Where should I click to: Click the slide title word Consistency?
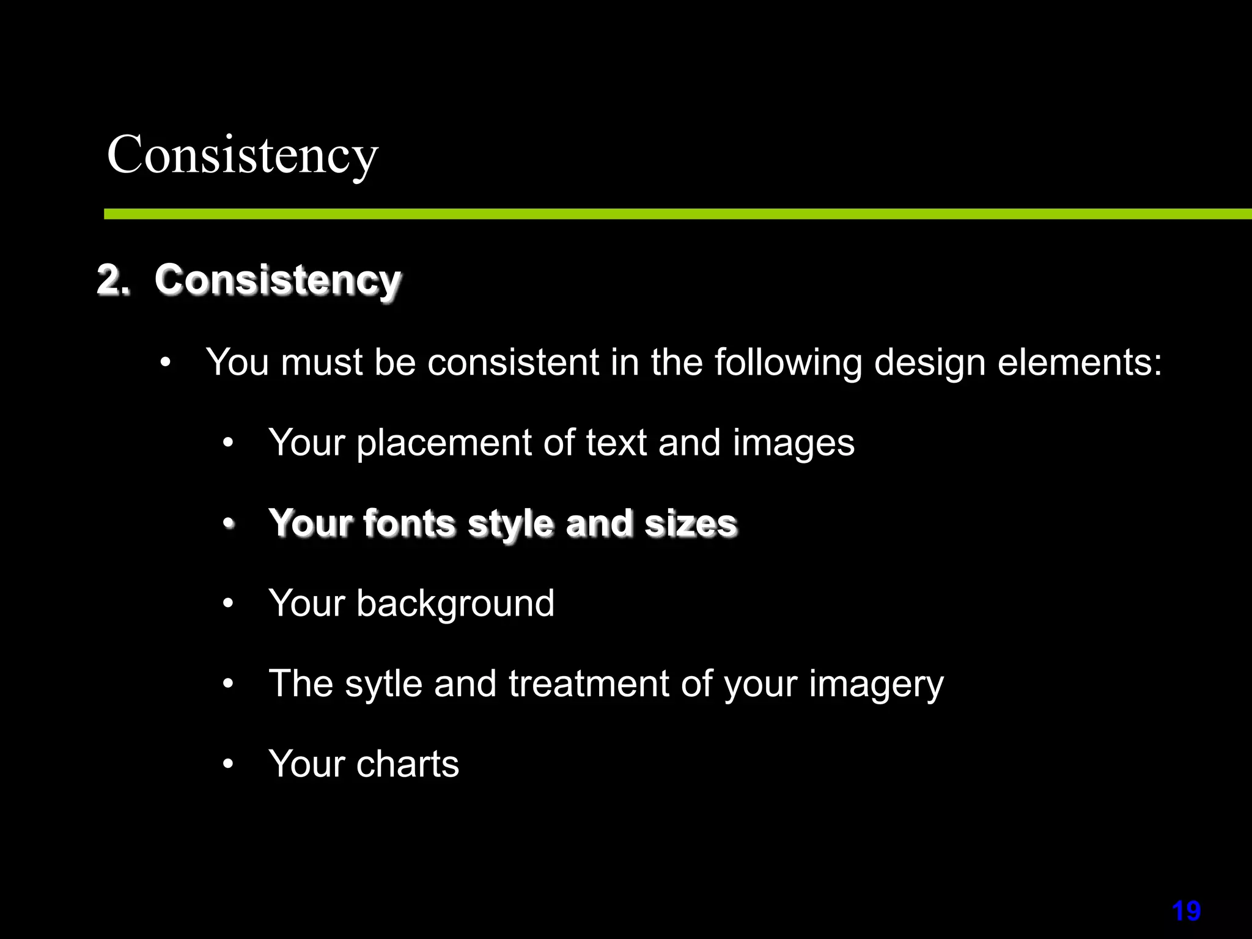tap(242, 155)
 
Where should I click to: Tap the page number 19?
tap(1186, 911)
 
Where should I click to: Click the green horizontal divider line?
tap(672, 214)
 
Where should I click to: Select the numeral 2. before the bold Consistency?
tap(114, 281)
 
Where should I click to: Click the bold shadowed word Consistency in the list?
tap(278, 281)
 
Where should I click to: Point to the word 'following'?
tap(789, 363)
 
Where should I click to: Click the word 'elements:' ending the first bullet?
tap(1080, 363)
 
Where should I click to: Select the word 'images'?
tap(794, 443)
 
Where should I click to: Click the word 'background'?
tap(455, 604)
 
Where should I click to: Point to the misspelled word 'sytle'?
tap(383, 683)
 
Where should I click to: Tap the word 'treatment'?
tap(589, 683)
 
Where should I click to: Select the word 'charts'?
tap(407, 764)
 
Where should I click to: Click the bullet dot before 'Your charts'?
tap(228, 764)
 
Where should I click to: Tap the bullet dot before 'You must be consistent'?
tap(165, 363)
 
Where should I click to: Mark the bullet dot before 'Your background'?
tap(228, 603)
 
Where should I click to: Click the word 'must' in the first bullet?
tap(322, 363)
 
